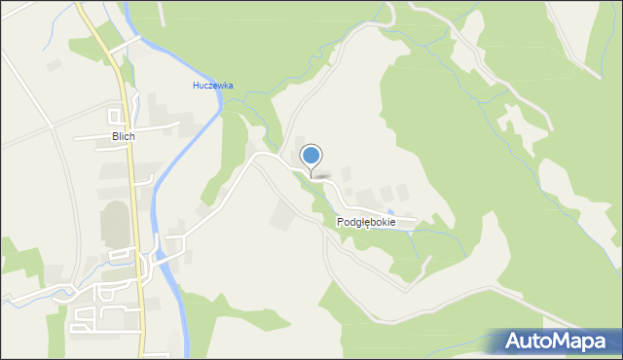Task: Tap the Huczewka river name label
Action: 212,86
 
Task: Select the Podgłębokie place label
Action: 366,223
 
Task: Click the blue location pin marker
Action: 311,156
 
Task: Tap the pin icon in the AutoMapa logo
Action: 515,342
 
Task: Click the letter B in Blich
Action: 114,137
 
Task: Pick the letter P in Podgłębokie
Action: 341,223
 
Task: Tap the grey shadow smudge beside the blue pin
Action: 325,177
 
